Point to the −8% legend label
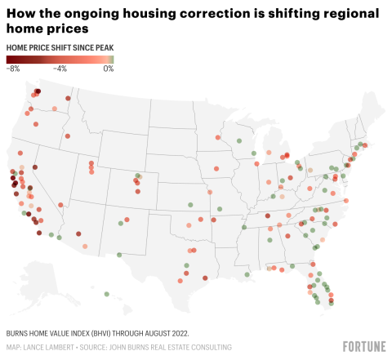pos(13,69)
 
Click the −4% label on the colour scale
pos(60,69)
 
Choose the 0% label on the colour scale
pos(109,69)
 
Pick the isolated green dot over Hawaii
pos(107,292)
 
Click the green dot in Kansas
pos(189,206)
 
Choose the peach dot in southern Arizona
pos(82,245)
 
